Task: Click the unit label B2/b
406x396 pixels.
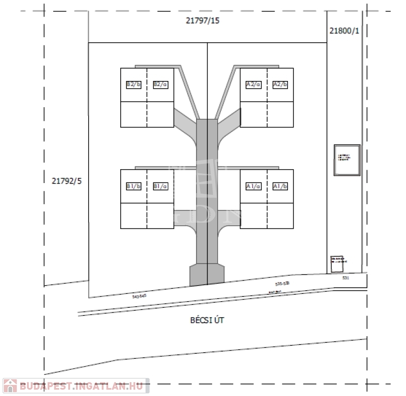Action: (134, 84)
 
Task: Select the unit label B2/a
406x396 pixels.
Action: (160, 84)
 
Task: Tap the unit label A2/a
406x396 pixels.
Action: (253, 84)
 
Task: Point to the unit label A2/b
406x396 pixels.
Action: (280, 84)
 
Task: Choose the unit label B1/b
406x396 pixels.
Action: (134, 186)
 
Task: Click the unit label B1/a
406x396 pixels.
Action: (160, 186)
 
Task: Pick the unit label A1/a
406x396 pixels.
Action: (253, 186)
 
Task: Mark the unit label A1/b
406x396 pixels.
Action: (280, 186)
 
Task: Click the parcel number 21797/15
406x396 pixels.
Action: (203, 21)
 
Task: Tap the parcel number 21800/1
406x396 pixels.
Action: (344, 31)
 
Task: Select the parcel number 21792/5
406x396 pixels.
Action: (67, 180)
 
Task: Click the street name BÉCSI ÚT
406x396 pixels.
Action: (204, 320)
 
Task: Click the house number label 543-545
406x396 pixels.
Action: (140, 296)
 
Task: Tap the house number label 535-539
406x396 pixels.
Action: (283, 284)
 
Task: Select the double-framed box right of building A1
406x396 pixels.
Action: (347, 160)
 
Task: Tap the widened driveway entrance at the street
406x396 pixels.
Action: (207, 274)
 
